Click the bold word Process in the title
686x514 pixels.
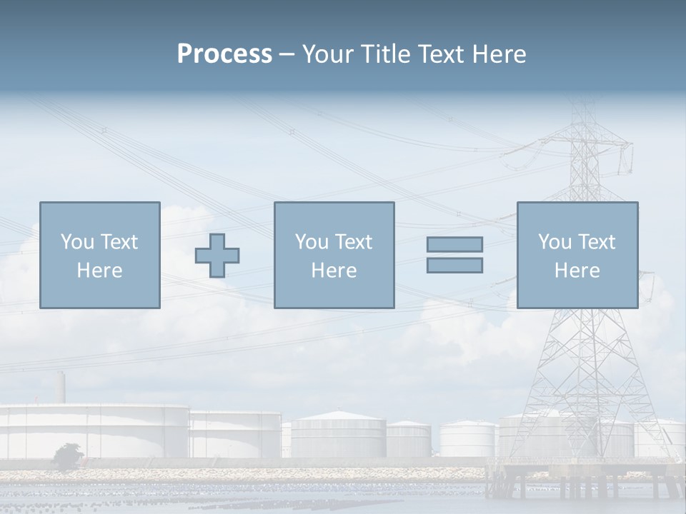click(224, 54)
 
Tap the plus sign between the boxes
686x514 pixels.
click(217, 256)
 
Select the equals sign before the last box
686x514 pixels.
click(454, 255)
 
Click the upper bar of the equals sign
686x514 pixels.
click(454, 244)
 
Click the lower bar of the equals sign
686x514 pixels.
click(454, 266)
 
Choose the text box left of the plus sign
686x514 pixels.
click(99, 255)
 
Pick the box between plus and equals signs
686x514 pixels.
click(334, 255)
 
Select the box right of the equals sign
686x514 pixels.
click(577, 255)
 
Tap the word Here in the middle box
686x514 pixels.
click(334, 271)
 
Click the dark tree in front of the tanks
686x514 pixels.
click(68, 455)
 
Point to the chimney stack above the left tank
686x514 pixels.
click(61, 388)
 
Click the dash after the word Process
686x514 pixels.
click(287, 54)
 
